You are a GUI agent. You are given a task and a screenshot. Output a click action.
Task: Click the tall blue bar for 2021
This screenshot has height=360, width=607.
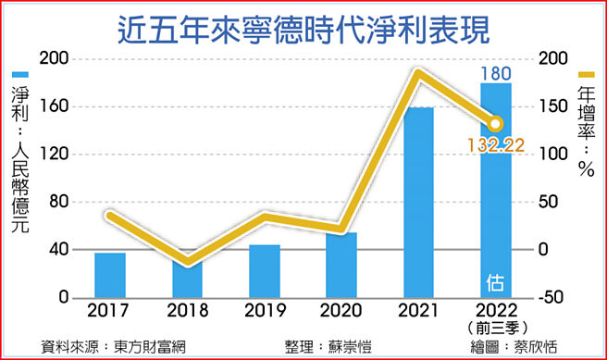pos(418,203)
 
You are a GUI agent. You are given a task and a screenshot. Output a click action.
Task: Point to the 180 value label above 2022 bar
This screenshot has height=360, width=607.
pos(495,72)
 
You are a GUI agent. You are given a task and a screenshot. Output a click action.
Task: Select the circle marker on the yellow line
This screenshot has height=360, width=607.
pos(496,123)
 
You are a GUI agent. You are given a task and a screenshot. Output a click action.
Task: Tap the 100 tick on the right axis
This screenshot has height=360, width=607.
pos(552,155)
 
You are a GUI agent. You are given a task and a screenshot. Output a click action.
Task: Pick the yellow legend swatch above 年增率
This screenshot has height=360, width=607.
pos(586,75)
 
